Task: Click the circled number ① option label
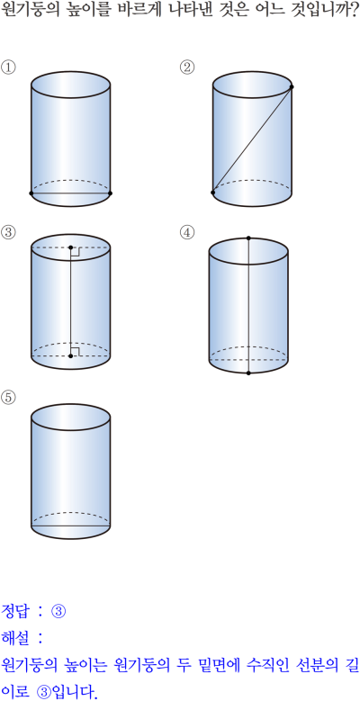[8, 67]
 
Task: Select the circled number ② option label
[187, 67]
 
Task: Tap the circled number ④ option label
[187, 232]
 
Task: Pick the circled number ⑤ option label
[8, 397]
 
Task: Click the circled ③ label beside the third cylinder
[8, 232]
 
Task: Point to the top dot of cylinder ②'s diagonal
[292, 87]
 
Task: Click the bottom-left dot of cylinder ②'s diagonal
[213, 193]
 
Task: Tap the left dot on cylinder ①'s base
[31, 193]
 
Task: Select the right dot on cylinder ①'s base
[111, 193]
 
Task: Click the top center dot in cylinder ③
[71, 247]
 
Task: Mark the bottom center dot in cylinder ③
[71, 355]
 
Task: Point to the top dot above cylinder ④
[248, 238]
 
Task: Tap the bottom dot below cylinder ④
[248, 373]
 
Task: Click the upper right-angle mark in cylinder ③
[75, 252]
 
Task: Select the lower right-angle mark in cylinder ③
[75, 351]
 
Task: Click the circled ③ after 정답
[58, 611]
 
